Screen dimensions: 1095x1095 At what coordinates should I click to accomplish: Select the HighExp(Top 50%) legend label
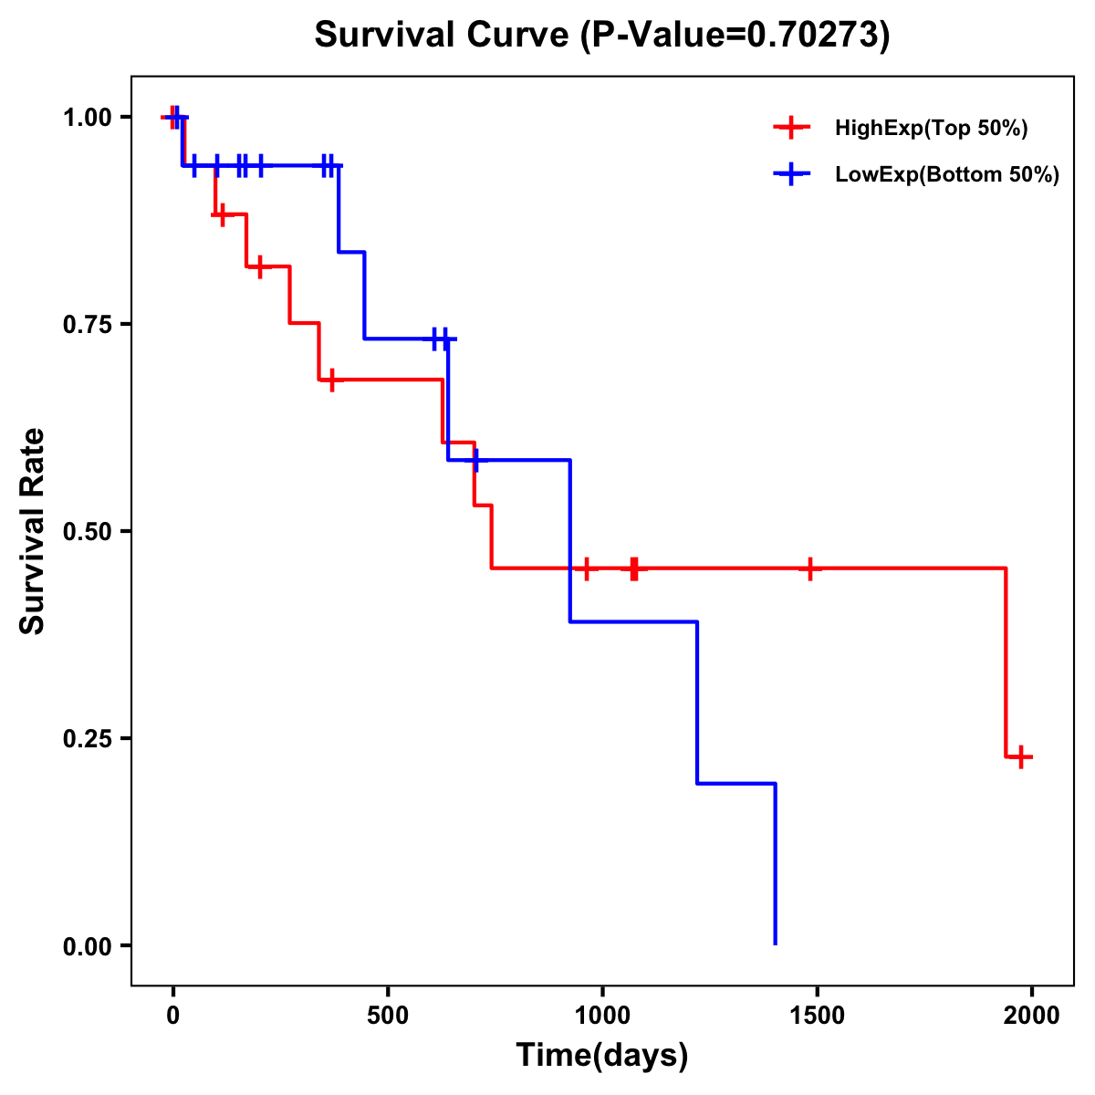[932, 129]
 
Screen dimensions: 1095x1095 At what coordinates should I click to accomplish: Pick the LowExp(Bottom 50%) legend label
[947, 175]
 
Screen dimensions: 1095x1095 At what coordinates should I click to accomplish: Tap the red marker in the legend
[791, 128]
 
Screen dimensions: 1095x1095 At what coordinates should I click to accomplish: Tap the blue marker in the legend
[791, 174]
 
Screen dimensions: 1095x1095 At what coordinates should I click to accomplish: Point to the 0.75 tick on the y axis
[86, 324]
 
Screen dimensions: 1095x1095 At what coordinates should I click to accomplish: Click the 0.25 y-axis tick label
[86, 738]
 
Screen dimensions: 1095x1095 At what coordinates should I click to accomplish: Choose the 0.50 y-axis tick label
[86, 531]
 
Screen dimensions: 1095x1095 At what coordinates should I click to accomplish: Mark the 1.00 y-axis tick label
[86, 117]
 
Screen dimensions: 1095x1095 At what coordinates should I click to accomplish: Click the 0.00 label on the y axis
[86, 945]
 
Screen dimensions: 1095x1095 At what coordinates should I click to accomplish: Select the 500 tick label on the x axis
[388, 1016]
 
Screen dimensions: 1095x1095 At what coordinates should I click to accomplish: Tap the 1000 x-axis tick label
[602, 1016]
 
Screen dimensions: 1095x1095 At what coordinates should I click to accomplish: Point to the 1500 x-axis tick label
[817, 1016]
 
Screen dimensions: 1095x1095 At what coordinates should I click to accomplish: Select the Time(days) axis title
[602, 1056]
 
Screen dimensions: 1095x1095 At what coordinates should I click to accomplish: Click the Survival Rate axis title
[33, 531]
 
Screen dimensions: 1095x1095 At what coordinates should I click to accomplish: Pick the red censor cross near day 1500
[809, 568]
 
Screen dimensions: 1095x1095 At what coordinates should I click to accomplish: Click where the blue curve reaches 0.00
[776, 944]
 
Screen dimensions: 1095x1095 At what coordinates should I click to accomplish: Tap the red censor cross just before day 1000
[586, 568]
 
